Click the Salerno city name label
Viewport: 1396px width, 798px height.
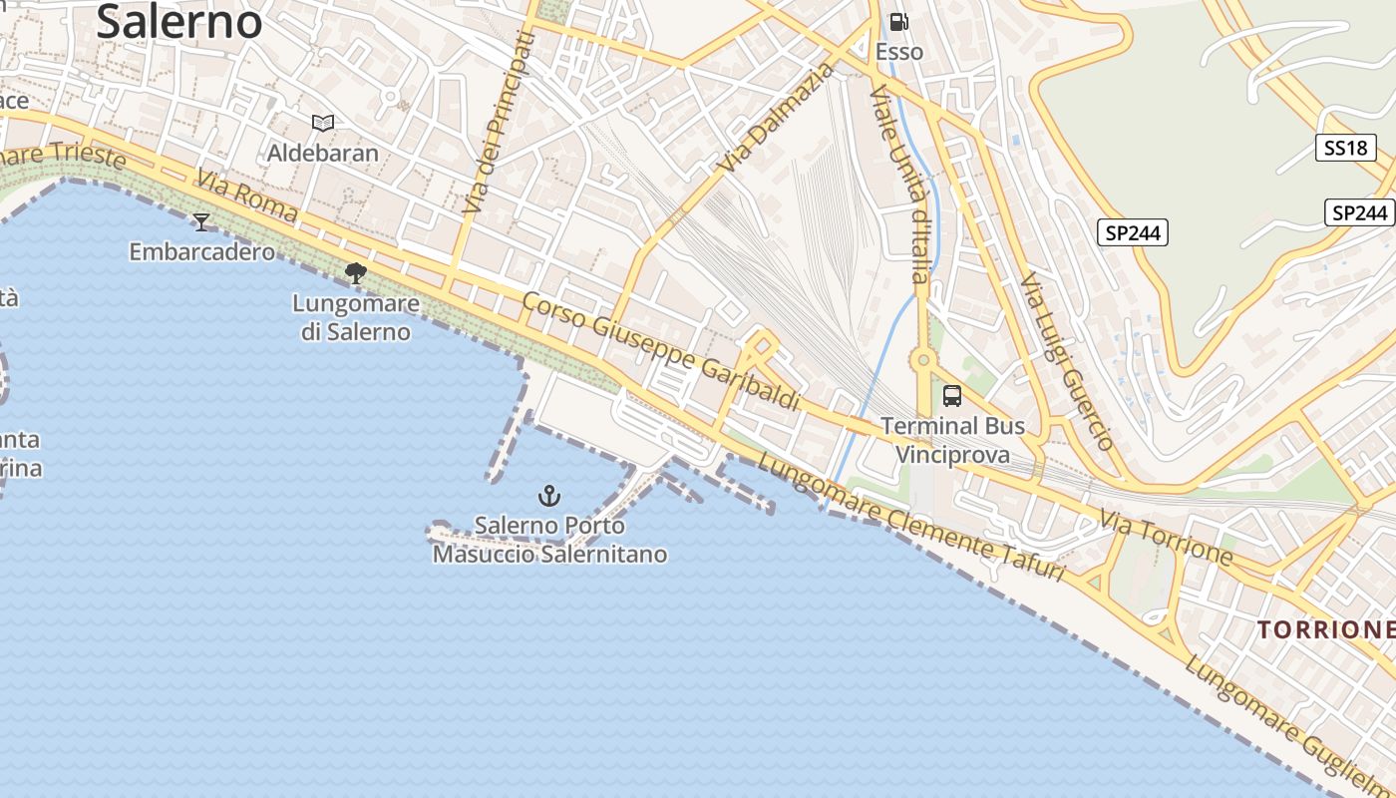click(x=179, y=21)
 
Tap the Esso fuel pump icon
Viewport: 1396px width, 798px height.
click(x=898, y=21)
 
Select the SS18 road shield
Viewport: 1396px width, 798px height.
click(x=1345, y=149)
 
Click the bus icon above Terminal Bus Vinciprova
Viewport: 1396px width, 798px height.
click(x=952, y=395)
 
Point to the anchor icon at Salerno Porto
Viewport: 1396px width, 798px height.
click(x=548, y=495)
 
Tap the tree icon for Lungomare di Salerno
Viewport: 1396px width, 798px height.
click(x=355, y=272)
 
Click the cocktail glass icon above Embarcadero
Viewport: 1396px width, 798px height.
click(x=201, y=221)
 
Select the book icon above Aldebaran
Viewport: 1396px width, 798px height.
click(x=322, y=123)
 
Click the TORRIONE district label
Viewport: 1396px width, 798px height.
click(x=1325, y=629)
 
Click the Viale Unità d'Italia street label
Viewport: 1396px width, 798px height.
click(x=899, y=184)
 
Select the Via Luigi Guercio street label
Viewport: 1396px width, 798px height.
click(x=1066, y=360)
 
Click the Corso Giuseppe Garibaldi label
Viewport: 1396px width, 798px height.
click(x=661, y=351)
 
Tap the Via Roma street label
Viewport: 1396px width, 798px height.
click(x=246, y=196)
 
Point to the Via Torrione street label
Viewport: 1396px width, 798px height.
click(x=1167, y=537)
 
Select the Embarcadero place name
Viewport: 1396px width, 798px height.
click(x=201, y=251)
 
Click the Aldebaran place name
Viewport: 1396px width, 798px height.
click(x=322, y=153)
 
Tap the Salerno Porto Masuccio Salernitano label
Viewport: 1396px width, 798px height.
click(x=549, y=540)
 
